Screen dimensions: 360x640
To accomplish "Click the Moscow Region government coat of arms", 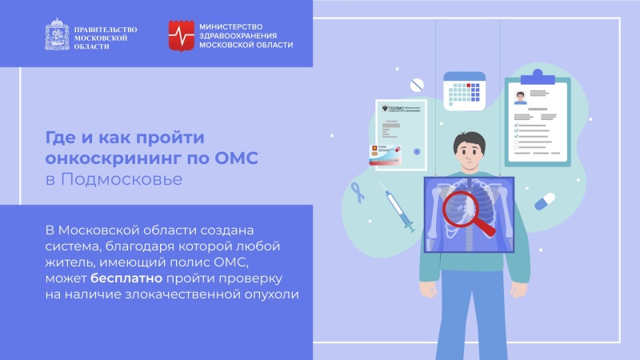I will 57,35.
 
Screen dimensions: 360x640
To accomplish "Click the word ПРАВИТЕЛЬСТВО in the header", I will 105,29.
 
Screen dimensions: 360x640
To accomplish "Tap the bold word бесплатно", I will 127,278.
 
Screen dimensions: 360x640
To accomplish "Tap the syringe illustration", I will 396,206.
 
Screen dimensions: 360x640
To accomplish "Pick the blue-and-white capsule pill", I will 546,200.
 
